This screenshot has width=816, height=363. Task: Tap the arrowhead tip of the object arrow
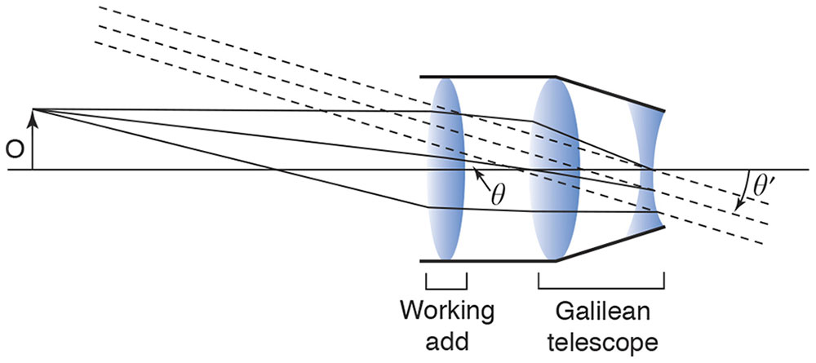33,111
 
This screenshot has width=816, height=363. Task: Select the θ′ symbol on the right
764,186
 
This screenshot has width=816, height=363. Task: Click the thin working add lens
446,170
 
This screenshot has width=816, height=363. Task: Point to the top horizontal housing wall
488,77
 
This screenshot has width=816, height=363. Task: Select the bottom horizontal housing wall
488,262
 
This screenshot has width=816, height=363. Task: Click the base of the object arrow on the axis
33,170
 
